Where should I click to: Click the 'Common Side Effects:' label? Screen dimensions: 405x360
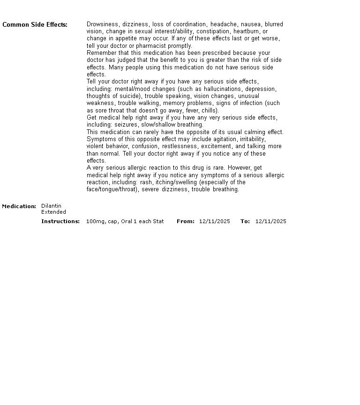pos(35,25)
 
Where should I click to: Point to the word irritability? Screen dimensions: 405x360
pos(253,139)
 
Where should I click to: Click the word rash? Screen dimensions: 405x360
pos(146,182)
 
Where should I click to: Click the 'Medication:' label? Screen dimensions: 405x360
pos(19,206)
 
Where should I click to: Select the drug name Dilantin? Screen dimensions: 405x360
pos(51,206)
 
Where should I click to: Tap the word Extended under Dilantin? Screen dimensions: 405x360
pos(53,212)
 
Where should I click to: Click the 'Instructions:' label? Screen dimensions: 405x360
pos(60,221)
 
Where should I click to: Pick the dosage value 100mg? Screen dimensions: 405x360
pos(94,221)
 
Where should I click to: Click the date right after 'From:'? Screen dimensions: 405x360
pos(215,221)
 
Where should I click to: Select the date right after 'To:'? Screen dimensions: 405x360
pos(271,221)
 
